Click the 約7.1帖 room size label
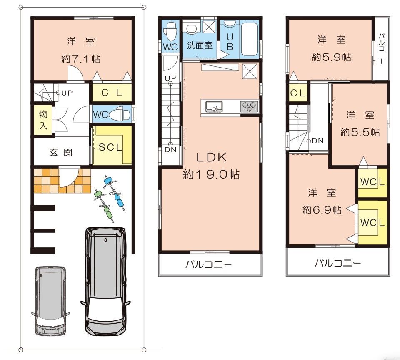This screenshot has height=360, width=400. (x=81, y=59)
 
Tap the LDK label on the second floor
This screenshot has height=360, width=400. (x=212, y=157)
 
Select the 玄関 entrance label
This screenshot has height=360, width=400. (x=61, y=152)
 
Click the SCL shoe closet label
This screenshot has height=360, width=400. (x=110, y=147)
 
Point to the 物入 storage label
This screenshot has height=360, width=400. (x=43, y=120)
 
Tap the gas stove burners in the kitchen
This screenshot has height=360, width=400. (x=249, y=106)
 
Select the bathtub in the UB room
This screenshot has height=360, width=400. (x=250, y=40)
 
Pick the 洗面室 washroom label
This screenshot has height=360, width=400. (x=200, y=45)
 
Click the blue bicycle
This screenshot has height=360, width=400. (x=114, y=193)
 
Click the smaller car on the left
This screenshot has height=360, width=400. (x=50, y=301)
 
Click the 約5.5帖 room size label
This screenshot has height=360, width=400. (x=360, y=132)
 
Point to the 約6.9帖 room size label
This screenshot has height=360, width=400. (x=322, y=210)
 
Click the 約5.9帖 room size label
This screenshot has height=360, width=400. (x=331, y=57)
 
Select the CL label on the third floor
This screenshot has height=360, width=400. (x=297, y=93)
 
